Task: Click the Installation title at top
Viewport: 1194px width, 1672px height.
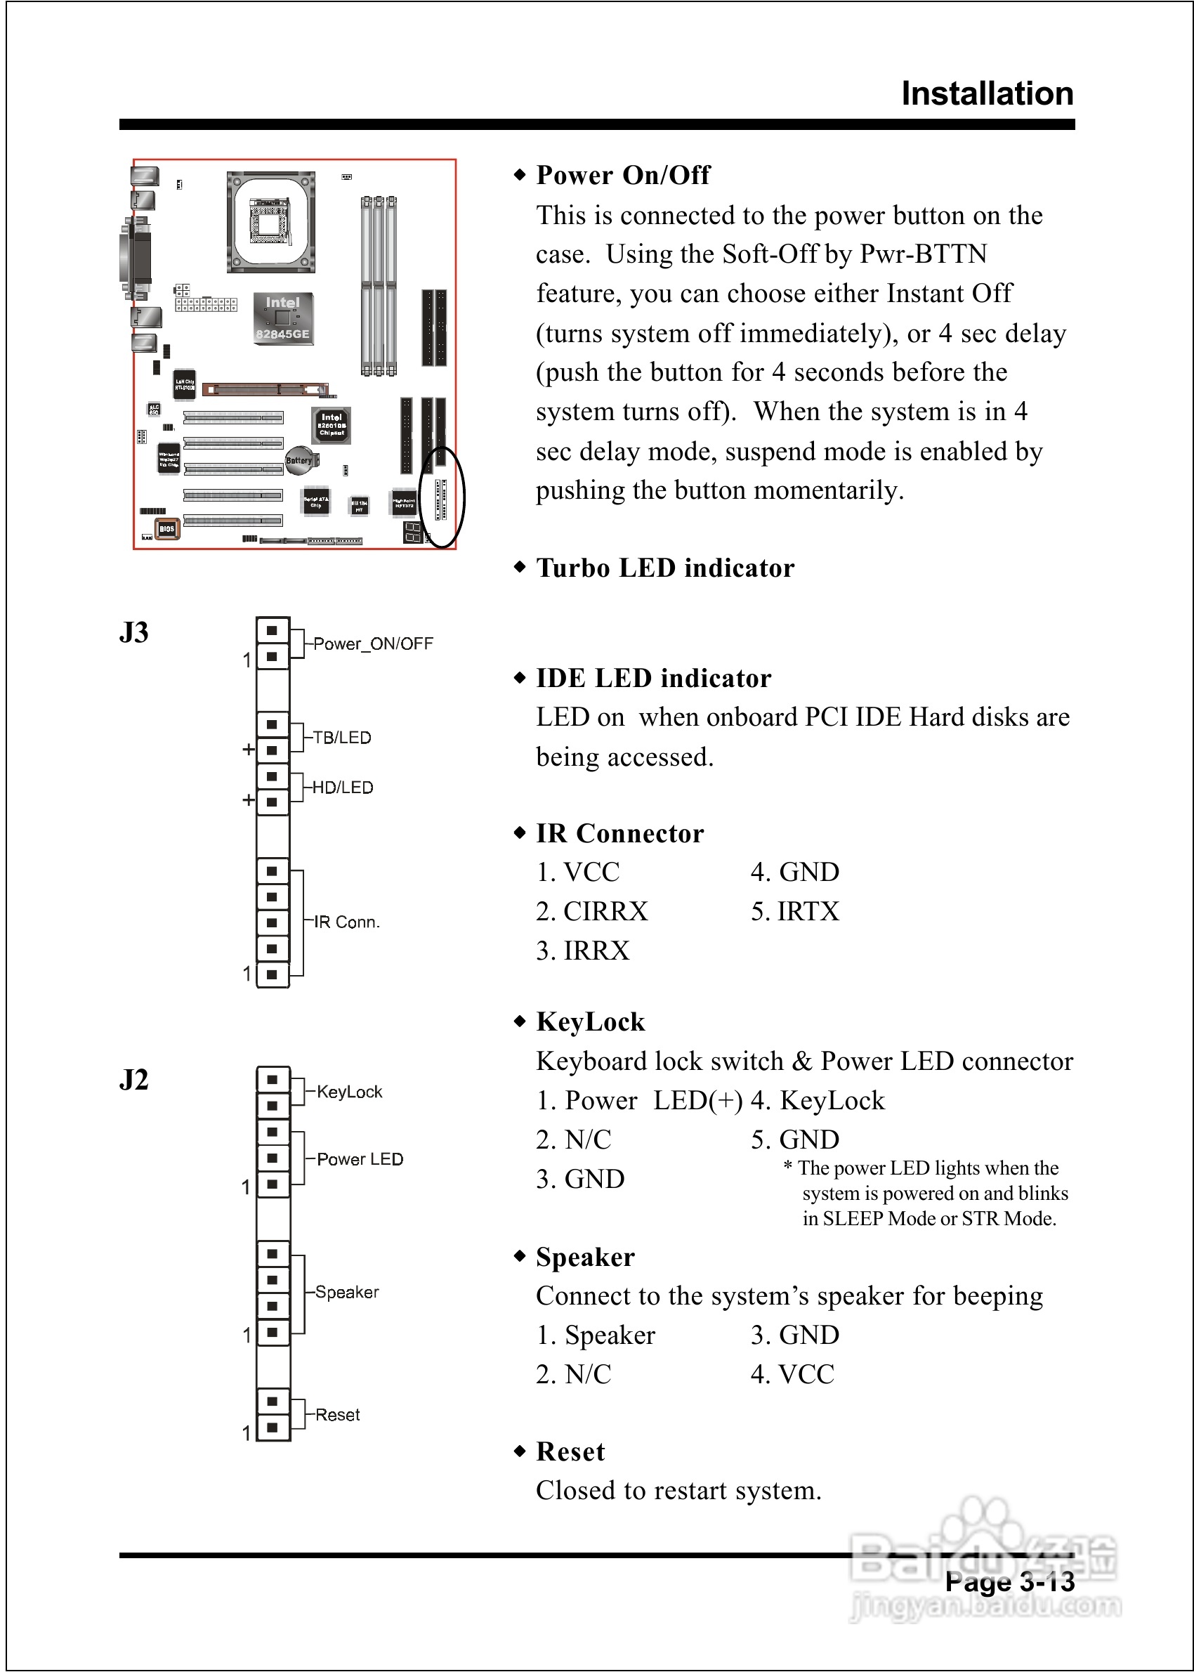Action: [x=987, y=94]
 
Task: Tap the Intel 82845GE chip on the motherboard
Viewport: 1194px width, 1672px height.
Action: [x=282, y=318]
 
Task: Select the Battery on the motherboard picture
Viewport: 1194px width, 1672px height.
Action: [x=298, y=460]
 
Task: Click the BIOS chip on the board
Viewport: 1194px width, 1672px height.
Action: [x=167, y=529]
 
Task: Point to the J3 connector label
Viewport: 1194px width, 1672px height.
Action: [x=134, y=632]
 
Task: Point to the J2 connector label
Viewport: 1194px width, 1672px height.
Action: [x=134, y=1079]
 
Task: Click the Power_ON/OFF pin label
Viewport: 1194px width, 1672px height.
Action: [x=373, y=644]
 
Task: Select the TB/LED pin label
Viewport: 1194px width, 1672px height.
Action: [x=342, y=738]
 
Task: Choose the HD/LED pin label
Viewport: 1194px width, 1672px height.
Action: [x=343, y=788]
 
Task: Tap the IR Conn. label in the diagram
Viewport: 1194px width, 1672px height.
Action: [x=346, y=922]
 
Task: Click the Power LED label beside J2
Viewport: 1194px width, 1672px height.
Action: [x=360, y=1160]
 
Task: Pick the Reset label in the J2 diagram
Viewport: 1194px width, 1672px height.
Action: [x=337, y=1415]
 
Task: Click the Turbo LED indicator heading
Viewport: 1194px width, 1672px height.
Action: [x=664, y=568]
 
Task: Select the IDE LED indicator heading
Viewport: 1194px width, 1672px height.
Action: [x=653, y=678]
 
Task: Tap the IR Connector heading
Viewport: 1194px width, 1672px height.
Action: [x=619, y=833]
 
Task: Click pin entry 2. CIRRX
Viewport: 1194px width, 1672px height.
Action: [x=592, y=912]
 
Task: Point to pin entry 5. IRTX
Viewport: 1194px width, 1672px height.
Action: [x=795, y=912]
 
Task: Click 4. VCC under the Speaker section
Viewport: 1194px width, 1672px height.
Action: [x=792, y=1374]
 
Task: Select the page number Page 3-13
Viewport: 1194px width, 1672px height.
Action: [x=1009, y=1581]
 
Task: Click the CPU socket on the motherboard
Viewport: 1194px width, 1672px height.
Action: [x=270, y=222]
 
